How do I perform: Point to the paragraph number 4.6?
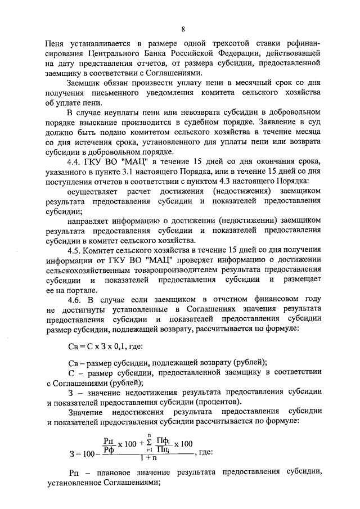(75, 300)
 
